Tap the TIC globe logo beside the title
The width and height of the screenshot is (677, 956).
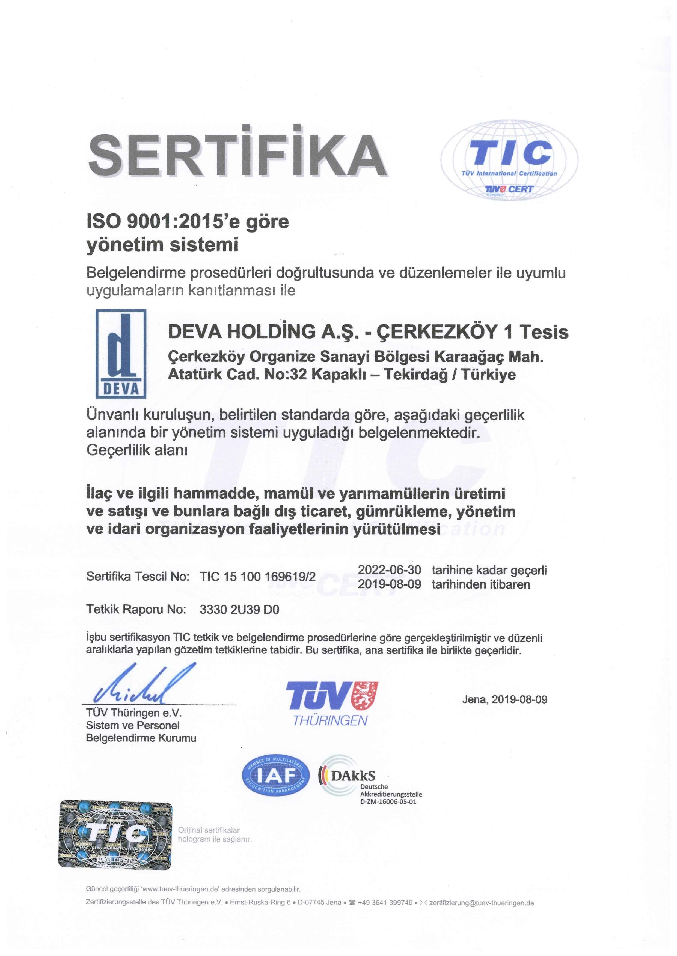point(509,160)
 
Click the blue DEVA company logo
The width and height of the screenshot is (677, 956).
point(121,353)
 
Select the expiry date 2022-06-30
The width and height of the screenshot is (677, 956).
point(389,570)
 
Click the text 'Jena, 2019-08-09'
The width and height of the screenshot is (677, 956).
point(504,699)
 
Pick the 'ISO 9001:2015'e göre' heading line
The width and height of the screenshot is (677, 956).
point(187,222)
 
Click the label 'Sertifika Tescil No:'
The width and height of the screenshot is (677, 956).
point(138,577)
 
